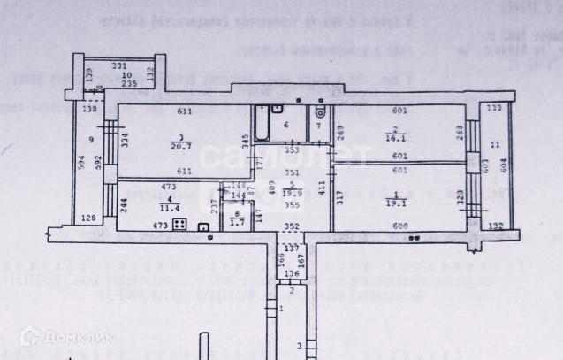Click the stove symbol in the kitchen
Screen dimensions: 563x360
coord(178,226)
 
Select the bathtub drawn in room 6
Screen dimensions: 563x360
coord(263,126)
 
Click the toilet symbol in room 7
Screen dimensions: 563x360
coord(319,112)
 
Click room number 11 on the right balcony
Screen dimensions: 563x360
coord(495,144)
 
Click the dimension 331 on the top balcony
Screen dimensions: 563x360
coord(120,65)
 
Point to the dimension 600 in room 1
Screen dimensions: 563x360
coord(400,226)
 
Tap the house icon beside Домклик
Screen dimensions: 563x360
coord(29,336)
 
